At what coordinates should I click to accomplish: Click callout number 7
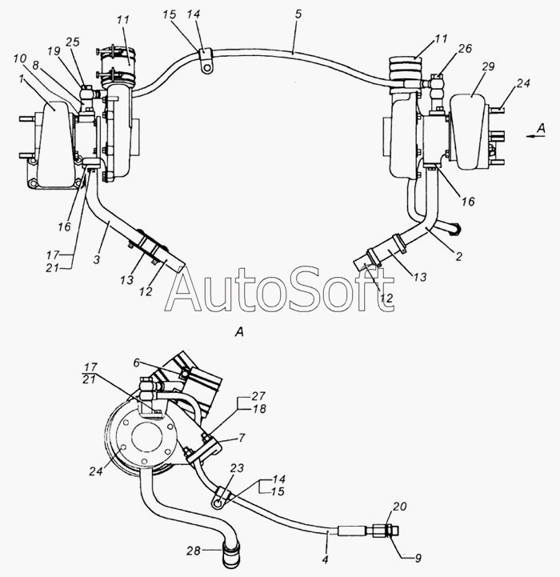pyautogui.click(x=240, y=439)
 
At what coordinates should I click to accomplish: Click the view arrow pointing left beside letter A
pyautogui.click(x=532, y=137)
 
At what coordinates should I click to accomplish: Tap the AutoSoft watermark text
pyautogui.click(x=279, y=291)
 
